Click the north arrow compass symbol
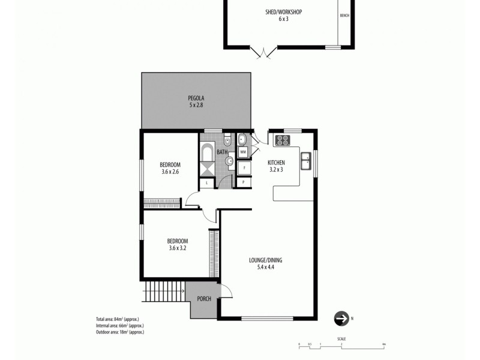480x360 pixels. point(341,318)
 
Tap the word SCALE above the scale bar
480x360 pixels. point(341,339)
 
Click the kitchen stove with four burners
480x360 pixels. point(282,141)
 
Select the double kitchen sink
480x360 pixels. point(306,160)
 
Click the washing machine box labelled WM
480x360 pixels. point(243,152)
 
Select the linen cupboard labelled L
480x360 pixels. point(206,182)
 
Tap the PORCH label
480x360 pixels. point(204,298)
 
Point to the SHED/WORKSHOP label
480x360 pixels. point(283,12)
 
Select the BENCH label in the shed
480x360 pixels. point(344,16)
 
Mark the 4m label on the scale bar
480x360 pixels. point(382,344)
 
